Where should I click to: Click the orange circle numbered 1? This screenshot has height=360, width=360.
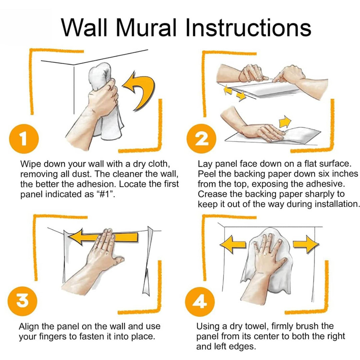(24, 139)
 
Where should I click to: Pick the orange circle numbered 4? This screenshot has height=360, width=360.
(200, 302)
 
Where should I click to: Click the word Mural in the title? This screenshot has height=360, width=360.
(146, 28)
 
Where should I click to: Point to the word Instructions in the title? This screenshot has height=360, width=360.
(248, 28)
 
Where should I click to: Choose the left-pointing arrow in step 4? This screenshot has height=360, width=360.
(233, 244)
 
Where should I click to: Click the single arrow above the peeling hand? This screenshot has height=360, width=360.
(285, 121)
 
